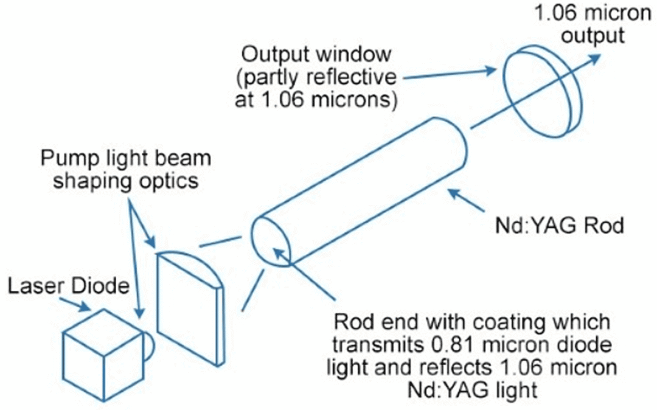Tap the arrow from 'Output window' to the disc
click(450, 74)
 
